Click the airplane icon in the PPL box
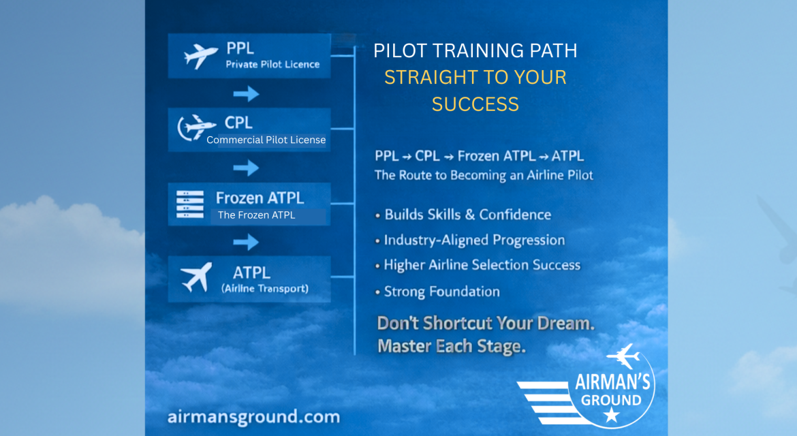pyautogui.click(x=200, y=55)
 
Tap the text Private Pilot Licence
pyautogui.click(x=272, y=65)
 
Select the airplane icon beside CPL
pyautogui.click(x=196, y=127)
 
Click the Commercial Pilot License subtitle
pyautogui.click(x=266, y=140)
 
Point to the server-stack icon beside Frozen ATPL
pyautogui.click(x=189, y=204)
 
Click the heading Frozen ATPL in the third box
pyautogui.click(x=260, y=198)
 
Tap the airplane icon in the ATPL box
pyautogui.click(x=197, y=277)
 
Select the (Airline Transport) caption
pyautogui.click(x=265, y=289)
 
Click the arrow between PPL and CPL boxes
pyautogui.click(x=246, y=93)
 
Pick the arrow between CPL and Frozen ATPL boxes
pyautogui.click(x=246, y=168)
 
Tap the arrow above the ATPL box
pyautogui.click(x=246, y=242)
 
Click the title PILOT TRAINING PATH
pyautogui.click(x=475, y=51)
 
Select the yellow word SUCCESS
pyautogui.click(x=475, y=104)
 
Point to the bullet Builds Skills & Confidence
pyautogui.click(x=463, y=215)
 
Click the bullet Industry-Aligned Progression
pyautogui.click(x=469, y=240)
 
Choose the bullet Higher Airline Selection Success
pyautogui.click(x=478, y=265)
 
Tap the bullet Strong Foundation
pyautogui.click(x=437, y=292)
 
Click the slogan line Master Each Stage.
pyautogui.click(x=452, y=346)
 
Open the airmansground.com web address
pyautogui.click(x=253, y=417)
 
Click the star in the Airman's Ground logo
pyautogui.click(x=612, y=415)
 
